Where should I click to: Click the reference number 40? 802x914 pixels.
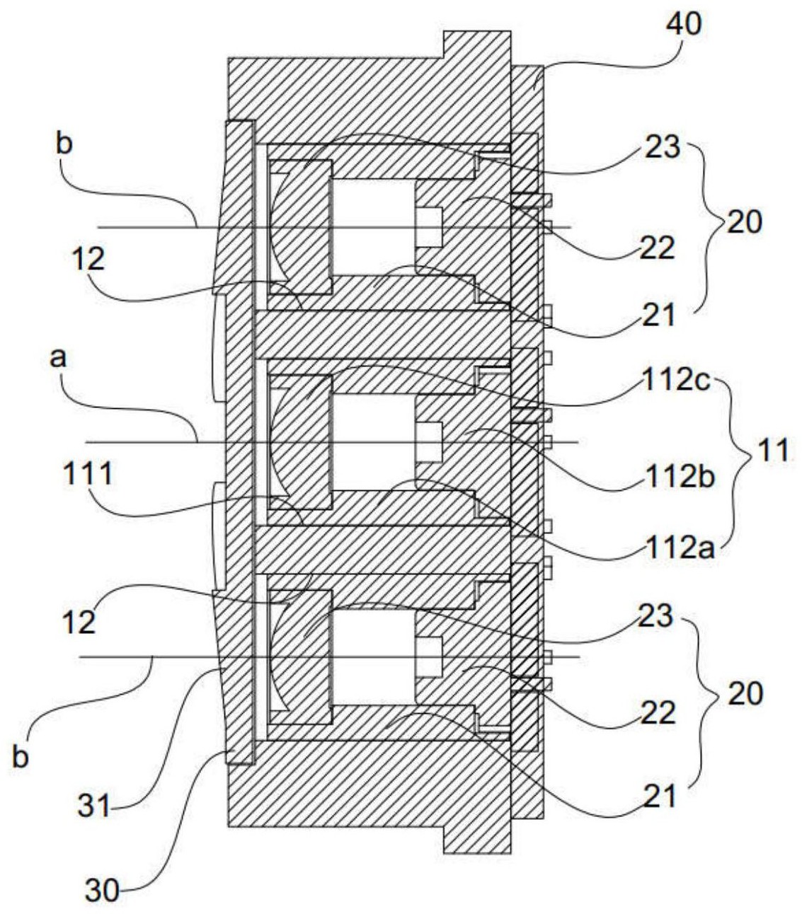pyautogui.click(x=683, y=24)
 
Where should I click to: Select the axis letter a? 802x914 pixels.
pyautogui.click(x=58, y=358)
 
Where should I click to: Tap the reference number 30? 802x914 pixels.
pyautogui.click(x=103, y=890)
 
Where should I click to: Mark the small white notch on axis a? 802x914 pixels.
pyautogui.click(x=429, y=442)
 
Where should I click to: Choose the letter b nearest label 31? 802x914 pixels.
pyautogui.click(x=22, y=757)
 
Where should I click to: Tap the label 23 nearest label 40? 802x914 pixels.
pyautogui.click(x=662, y=149)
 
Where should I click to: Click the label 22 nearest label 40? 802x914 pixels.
pyautogui.click(x=658, y=248)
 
